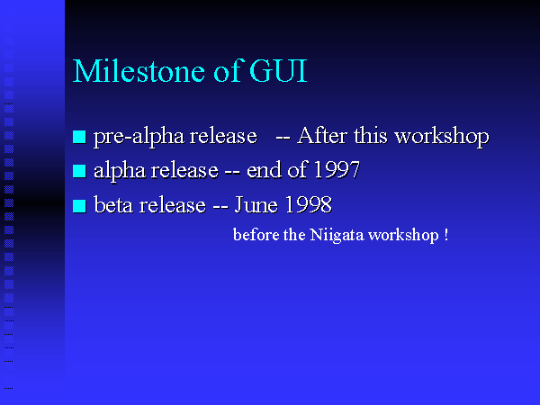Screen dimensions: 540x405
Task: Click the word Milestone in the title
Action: (139, 71)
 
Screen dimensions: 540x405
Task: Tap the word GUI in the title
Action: (277, 71)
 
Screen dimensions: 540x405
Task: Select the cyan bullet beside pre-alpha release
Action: (79, 137)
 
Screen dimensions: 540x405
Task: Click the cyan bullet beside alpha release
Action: (79, 171)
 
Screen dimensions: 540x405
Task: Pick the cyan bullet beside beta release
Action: (79, 206)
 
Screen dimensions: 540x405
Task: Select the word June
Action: (256, 204)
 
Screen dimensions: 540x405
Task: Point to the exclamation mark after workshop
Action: (446, 235)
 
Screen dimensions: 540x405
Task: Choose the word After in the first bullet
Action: (322, 135)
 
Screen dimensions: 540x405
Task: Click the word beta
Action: (113, 204)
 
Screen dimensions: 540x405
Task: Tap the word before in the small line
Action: (256, 235)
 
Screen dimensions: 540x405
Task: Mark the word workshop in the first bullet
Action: (442, 137)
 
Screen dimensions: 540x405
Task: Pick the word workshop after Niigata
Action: (403, 236)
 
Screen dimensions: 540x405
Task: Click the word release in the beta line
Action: (172, 204)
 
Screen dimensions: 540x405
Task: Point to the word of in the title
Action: (229, 71)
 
